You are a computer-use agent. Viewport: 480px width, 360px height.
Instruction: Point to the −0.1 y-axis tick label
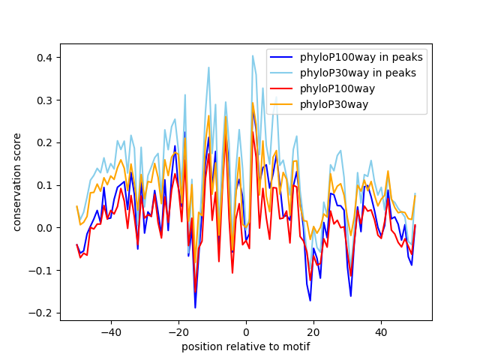tap(43, 270)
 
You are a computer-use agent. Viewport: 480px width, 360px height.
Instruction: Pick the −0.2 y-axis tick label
tap(43, 313)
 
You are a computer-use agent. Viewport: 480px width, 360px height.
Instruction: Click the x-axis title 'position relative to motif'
tap(245, 346)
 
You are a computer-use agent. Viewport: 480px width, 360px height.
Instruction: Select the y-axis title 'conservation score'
tap(16, 182)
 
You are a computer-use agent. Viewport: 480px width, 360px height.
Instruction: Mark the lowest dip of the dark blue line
tap(195, 307)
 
